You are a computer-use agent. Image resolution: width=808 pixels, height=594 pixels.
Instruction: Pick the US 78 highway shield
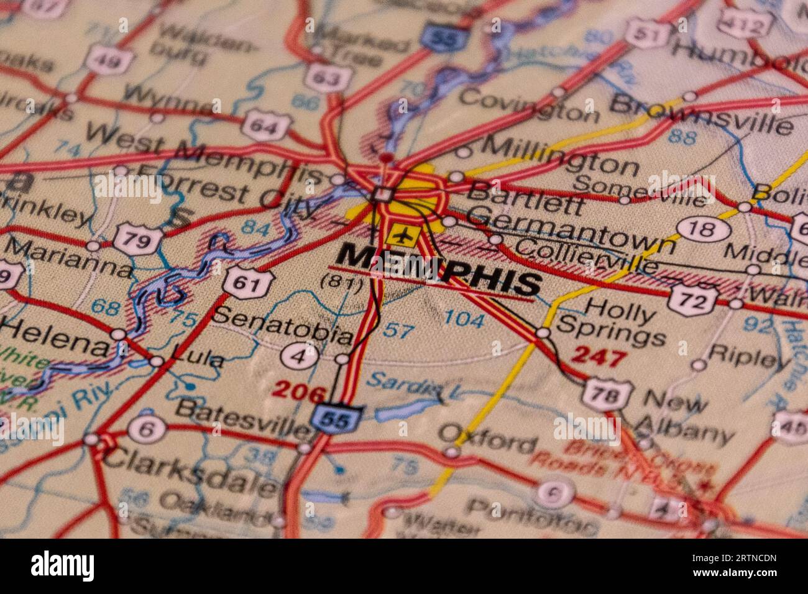point(607,394)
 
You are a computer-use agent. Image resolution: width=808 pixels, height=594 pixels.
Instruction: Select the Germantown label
point(571,228)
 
